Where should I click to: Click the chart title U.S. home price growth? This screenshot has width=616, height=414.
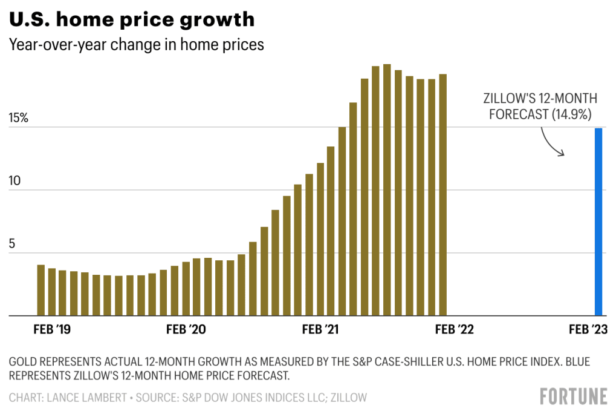tap(132, 19)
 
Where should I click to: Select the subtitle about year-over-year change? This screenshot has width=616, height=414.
tap(137, 45)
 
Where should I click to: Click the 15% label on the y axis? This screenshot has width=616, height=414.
tap(18, 118)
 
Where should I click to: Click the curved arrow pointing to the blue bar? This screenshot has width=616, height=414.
tap(551, 142)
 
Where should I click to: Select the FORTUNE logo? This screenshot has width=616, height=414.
tap(573, 396)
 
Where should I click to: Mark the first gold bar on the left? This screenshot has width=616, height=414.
tap(41, 290)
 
